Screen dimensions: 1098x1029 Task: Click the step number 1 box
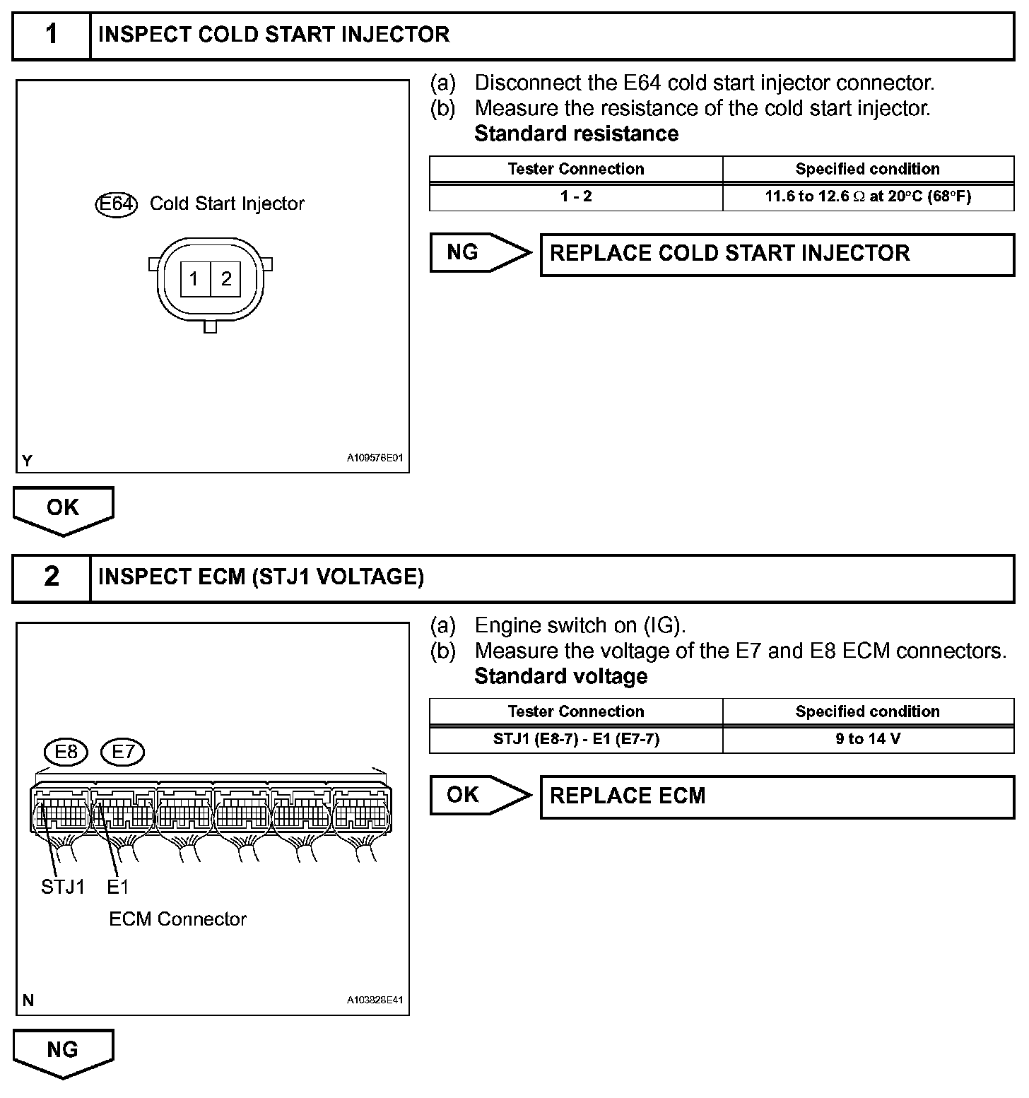[x=52, y=35]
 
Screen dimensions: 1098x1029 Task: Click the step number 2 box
[x=52, y=578]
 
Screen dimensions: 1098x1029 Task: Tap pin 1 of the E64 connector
[x=194, y=279]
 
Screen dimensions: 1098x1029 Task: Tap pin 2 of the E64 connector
[x=226, y=279]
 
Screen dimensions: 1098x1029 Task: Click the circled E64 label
[x=116, y=204]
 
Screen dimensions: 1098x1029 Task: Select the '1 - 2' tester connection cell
[x=576, y=196]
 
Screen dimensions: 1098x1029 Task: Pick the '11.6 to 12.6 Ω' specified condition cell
[x=868, y=196]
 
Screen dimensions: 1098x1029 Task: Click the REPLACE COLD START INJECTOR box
[x=777, y=254]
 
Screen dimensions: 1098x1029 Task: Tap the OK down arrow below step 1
[x=63, y=509]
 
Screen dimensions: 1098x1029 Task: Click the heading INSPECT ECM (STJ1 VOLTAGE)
[x=261, y=578]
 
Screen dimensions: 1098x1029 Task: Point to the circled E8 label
[x=66, y=752]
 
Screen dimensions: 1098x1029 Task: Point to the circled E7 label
[x=123, y=752]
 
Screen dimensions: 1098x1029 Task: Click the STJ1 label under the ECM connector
[x=63, y=887]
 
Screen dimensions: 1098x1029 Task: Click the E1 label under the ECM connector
[x=118, y=887]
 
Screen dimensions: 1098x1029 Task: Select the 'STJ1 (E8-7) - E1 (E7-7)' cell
[x=576, y=739]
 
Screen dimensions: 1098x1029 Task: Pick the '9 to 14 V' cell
[x=868, y=739]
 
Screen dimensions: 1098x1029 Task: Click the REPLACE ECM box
[x=777, y=797]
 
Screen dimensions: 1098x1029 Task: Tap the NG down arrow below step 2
[x=63, y=1052]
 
